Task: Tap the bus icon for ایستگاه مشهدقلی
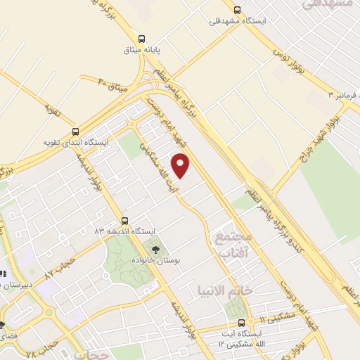pyautogui.click(x=238, y=10)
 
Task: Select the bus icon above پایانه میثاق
pyautogui.click(x=143, y=39)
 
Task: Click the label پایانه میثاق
pyautogui.click(x=143, y=51)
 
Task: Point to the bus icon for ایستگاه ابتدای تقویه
pyautogui.click(x=75, y=131)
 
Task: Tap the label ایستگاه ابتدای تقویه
pyautogui.click(x=77, y=143)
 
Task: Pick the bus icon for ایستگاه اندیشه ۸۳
pyautogui.click(x=124, y=220)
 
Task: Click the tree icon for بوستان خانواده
pyautogui.click(x=155, y=249)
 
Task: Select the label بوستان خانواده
pyautogui.click(x=158, y=260)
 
